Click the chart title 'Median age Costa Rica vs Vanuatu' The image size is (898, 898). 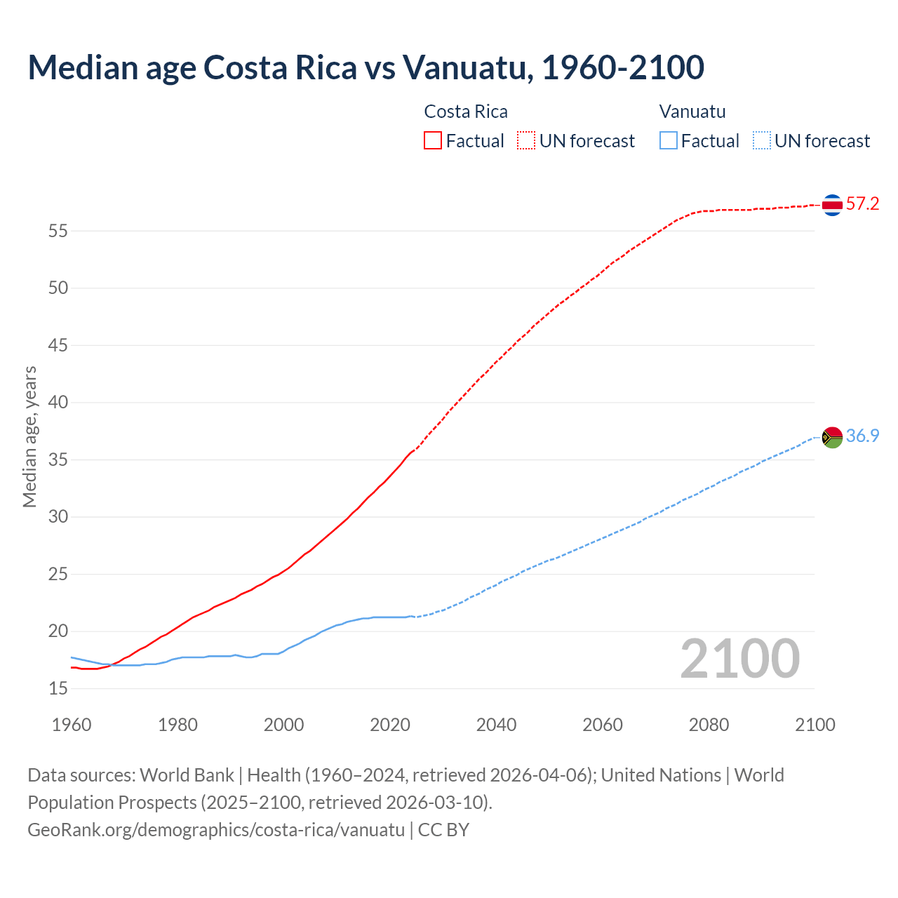pos(366,68)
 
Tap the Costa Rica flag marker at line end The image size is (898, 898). pos(832,205)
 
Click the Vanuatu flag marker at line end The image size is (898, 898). pos(832,437)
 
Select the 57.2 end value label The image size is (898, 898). pos(862,204)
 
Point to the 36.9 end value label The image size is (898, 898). pos(862,436)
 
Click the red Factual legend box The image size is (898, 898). pos(433,141)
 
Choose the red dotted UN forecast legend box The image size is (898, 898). pos(526,141)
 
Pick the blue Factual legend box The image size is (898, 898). pos(669,141)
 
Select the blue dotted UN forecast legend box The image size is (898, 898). pos(761,141)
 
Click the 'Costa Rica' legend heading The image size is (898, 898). pos(466,112)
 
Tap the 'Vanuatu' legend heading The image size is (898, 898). pos(692,112)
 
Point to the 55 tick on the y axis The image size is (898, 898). pos(58,231)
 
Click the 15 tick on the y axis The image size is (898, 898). pos(58,689)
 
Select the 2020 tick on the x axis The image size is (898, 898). pos(390,725)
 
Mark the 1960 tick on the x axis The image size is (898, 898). pos(72,725)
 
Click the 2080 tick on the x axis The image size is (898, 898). pos(709,725)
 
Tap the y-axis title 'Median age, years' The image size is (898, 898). pos(29,436)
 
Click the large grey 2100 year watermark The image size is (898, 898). pos(739,659)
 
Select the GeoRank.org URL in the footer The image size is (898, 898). pos(216,830)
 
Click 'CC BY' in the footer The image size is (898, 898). pos(443,830)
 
